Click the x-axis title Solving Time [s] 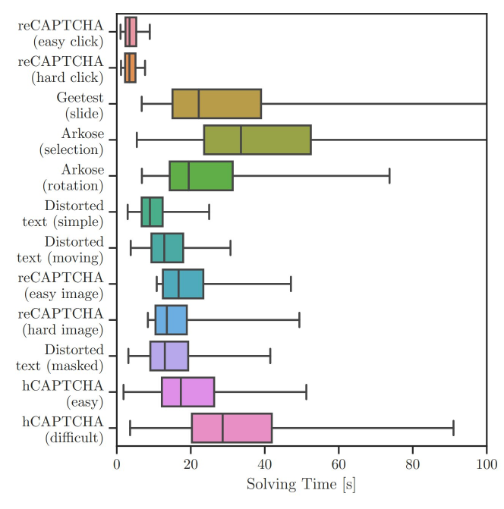click(301, 482)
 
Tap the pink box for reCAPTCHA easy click click(131, 32)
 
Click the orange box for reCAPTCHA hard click click(130, 68)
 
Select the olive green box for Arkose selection click(258, 140)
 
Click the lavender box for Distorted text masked click(169, 356)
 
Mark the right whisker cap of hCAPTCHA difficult click(453, 428)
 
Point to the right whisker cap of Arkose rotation click(389, 176)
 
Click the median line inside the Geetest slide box click(199, 104)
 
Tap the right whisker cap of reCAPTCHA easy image click(291, 284)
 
